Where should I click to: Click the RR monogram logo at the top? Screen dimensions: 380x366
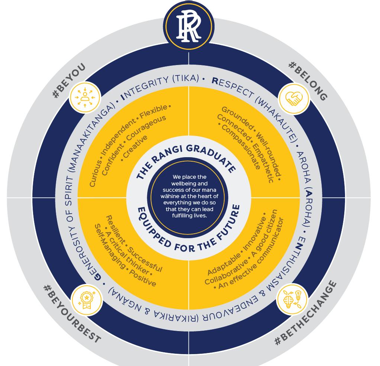pos(189,25)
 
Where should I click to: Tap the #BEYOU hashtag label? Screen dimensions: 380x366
pos(70,81)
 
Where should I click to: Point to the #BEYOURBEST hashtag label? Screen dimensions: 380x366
pos(72,314)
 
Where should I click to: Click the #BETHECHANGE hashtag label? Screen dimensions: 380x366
pos(306,313)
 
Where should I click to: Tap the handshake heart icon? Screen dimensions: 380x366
pos(294,99)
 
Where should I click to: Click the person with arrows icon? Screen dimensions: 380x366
pos(85,97)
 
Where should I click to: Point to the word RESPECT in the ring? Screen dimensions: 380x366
pos(232,87)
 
